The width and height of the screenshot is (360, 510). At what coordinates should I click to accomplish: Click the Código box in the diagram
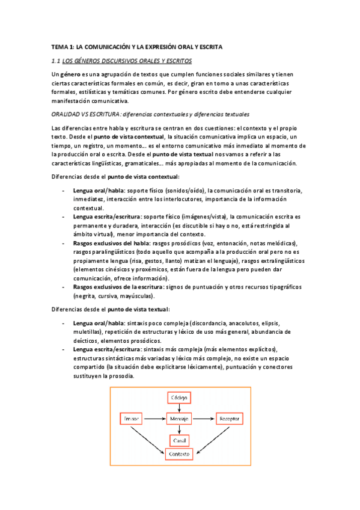point(180,398)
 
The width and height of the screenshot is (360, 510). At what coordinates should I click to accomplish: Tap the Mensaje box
point(180,418)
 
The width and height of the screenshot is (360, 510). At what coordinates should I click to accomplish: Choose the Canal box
point(180,438)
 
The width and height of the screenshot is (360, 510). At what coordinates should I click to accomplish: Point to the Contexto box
point(180,453)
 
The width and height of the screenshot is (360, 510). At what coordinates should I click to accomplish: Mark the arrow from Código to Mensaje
point(180,408)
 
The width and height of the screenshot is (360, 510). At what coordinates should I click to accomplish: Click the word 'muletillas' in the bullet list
point(87,331)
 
